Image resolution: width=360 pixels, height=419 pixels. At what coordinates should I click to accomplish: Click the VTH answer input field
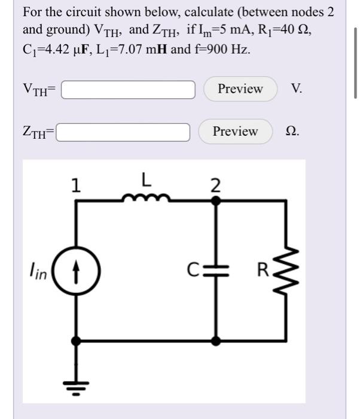tap(128, 89)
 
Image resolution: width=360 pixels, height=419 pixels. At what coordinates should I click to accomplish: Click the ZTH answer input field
tap(123, 132)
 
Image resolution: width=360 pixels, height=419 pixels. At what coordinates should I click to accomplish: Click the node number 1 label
tap(75, 186)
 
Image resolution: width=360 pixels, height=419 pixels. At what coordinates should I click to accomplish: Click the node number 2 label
tap(216, 184)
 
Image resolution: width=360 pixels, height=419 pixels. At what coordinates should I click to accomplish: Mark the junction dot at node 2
tap(216, 202)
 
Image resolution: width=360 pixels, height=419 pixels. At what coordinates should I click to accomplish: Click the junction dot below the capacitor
tap(216, 341)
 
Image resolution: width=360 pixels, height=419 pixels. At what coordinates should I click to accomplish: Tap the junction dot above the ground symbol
tap(76, 341)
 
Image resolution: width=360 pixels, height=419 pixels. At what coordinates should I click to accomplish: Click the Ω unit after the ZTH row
tap(292, 132)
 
